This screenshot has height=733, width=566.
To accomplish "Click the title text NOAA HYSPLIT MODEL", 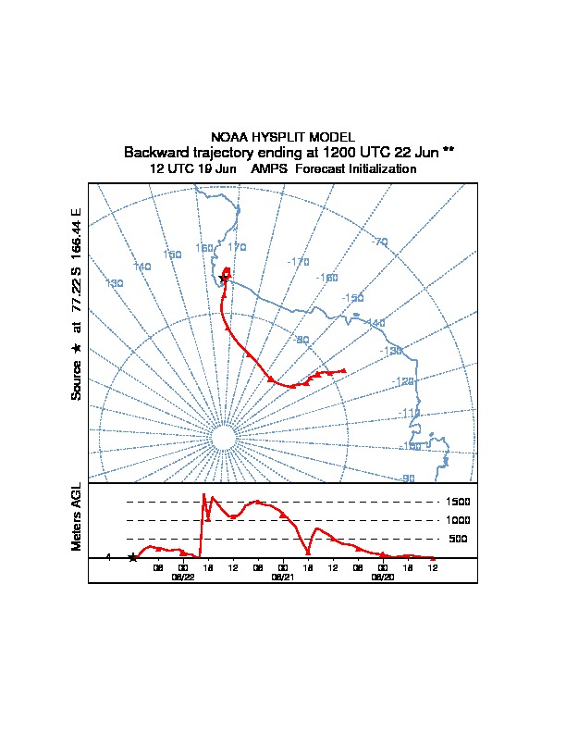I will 283,137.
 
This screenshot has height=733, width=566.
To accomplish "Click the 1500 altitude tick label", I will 460,502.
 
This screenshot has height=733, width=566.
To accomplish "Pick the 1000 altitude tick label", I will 460,520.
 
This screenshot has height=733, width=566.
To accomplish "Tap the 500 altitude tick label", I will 458,539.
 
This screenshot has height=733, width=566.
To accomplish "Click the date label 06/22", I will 183,576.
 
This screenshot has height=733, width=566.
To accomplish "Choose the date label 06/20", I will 382,576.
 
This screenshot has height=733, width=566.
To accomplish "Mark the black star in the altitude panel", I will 132,557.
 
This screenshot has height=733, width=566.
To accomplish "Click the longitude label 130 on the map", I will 115,283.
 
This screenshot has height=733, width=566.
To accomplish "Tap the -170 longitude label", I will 299,263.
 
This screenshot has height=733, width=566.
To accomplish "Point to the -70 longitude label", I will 380,242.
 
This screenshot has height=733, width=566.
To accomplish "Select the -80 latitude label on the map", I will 301,340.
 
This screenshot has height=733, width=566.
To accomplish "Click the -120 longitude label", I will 403,381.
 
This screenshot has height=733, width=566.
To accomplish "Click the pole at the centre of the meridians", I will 222,438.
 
